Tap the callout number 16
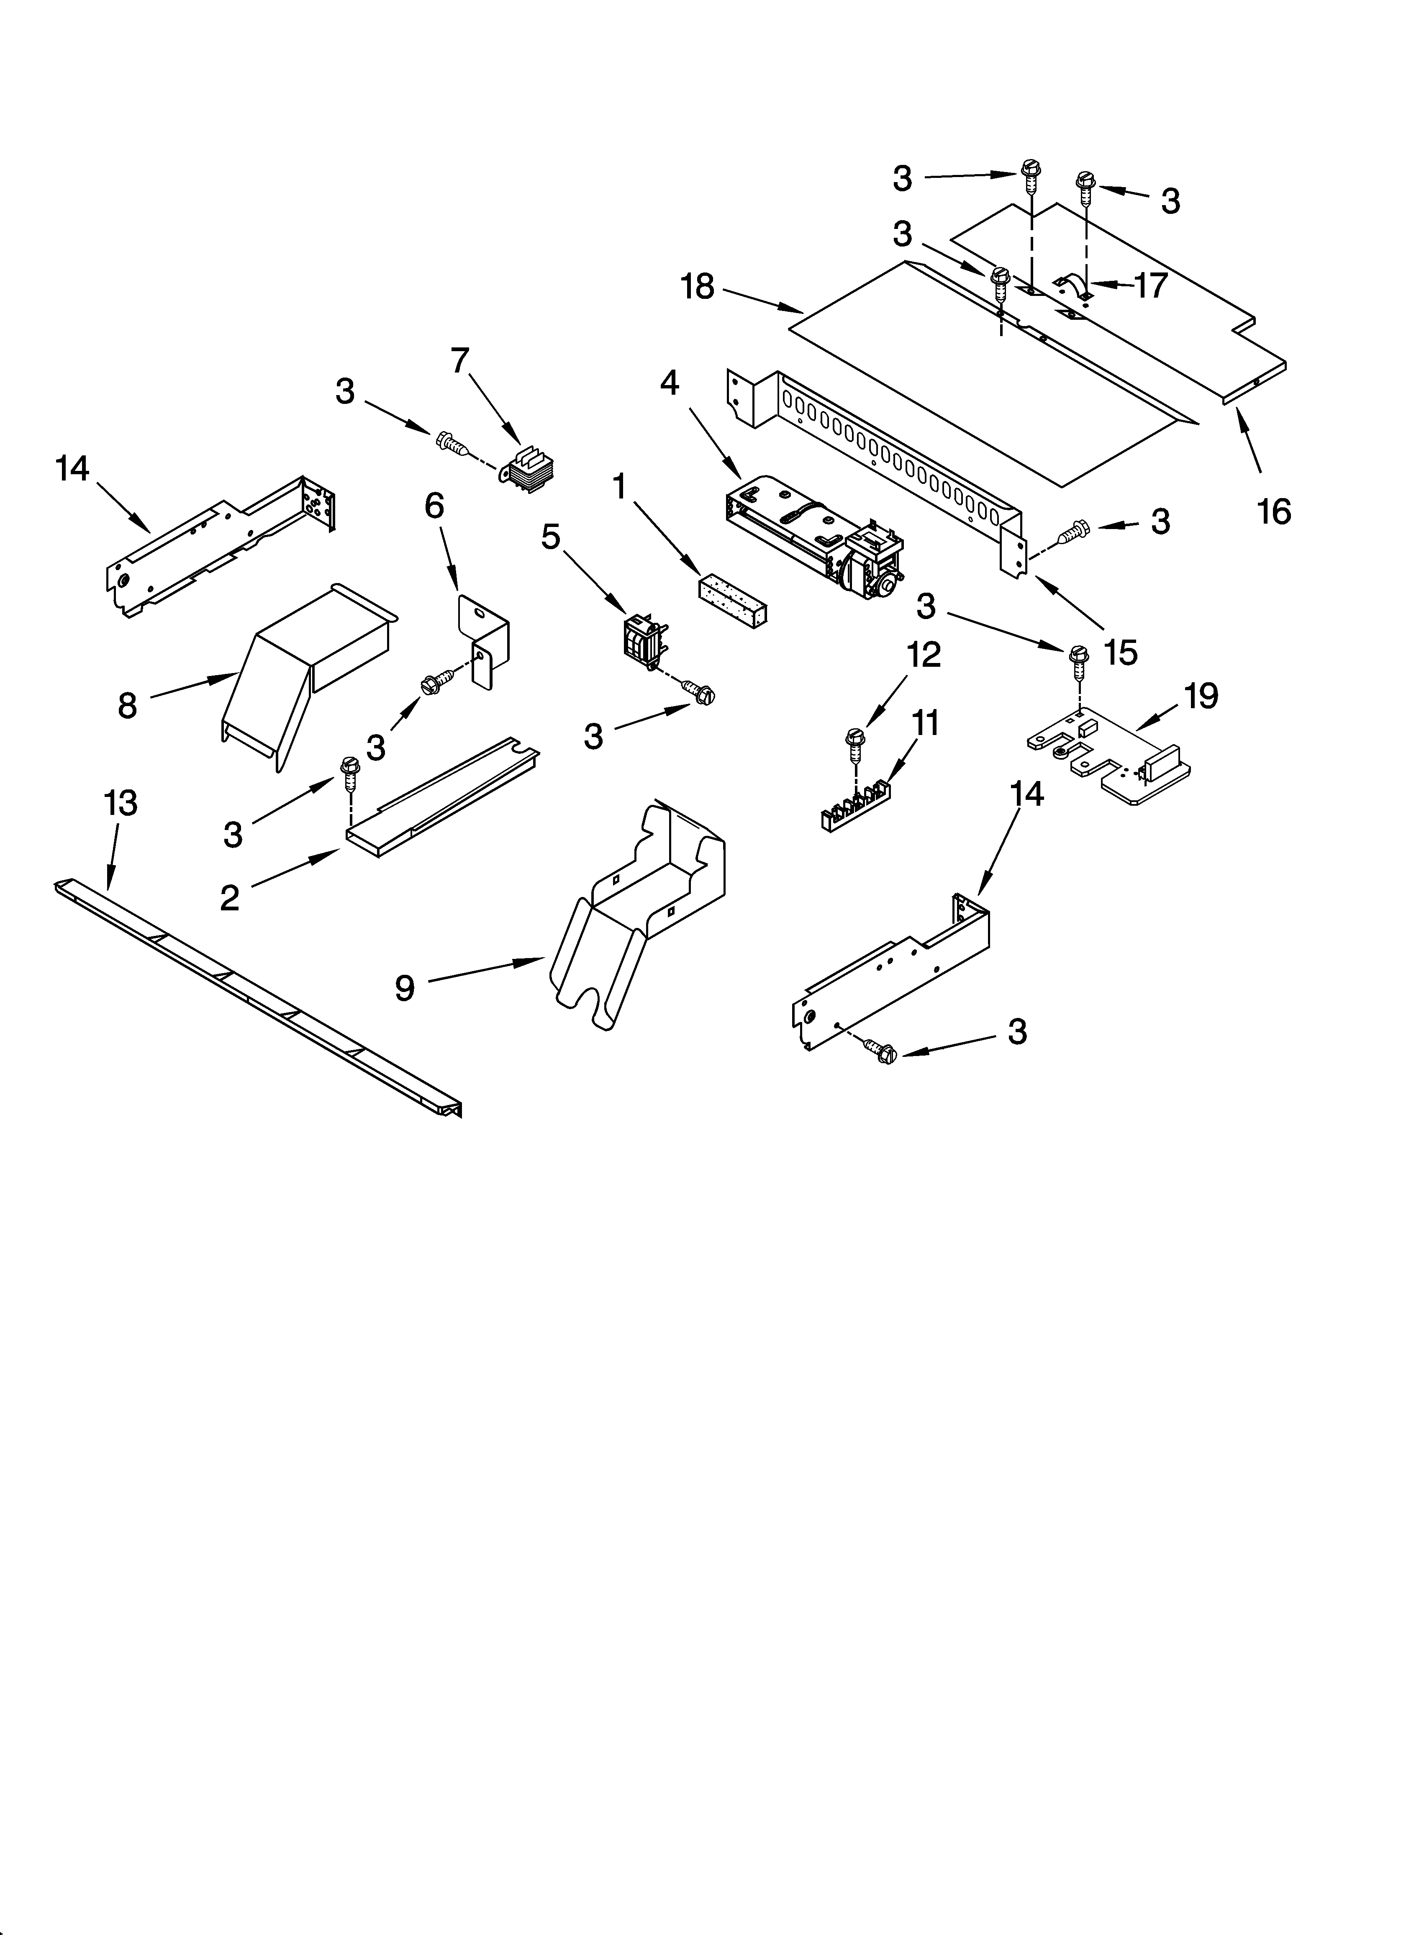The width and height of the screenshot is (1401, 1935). (1274, 512)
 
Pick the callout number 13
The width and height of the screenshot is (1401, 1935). (120, 804)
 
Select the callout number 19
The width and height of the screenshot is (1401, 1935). (1201, 697)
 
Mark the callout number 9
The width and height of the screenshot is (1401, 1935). (404, 988)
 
